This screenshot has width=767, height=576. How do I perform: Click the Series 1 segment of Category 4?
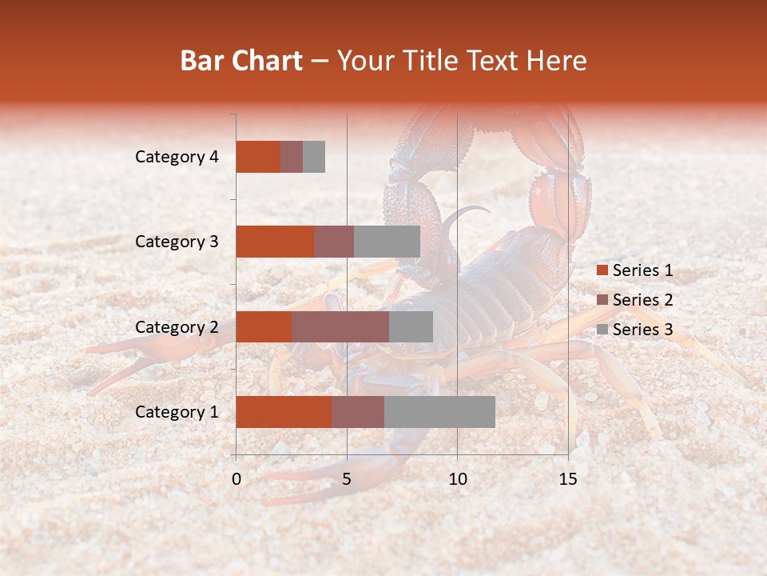[258, 157]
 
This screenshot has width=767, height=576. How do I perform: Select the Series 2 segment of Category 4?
[292, 157]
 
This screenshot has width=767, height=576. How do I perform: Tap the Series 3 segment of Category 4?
[314, 157]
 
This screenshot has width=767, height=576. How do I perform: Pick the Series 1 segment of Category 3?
[275, 242]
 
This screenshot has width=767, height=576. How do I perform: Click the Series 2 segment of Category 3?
[334, 242]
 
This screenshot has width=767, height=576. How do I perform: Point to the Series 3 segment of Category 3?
[387, 242]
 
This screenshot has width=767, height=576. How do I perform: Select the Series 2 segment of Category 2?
[340, 326]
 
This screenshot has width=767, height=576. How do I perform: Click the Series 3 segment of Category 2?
[411, 326]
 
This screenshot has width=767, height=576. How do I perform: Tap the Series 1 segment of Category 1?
[284, 412]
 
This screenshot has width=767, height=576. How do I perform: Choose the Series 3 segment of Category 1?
[439, 412]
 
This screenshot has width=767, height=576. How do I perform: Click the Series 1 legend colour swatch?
[602, 270]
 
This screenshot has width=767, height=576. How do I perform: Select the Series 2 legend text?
[642, 300]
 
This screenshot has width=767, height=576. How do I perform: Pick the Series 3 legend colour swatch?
[602, 330]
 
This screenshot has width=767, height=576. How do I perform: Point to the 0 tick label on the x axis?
[236, 479]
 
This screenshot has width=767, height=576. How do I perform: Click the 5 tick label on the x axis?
[347, 479]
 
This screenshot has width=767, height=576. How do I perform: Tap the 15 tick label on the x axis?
[567, 479]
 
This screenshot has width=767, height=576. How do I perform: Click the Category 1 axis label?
[177, 412]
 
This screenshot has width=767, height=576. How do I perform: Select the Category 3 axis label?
[177, 242]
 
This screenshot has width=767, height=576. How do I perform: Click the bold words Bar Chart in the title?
[241, 60]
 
